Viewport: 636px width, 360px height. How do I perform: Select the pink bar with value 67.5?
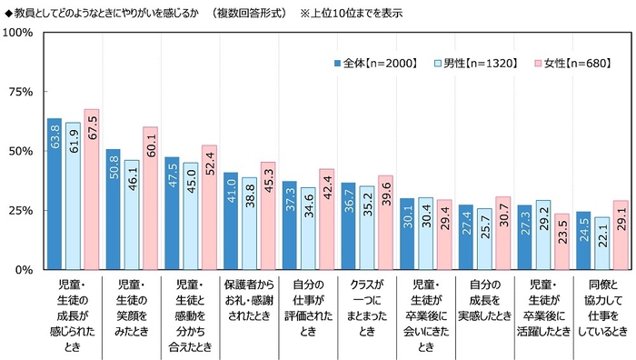coord(91,189)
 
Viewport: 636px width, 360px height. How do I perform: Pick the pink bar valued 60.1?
coord(150,198)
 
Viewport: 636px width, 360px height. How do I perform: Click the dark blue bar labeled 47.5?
coord(172,213)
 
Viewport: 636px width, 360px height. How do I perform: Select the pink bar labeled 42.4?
coord(326,219)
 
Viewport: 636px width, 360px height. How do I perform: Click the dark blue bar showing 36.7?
coord(348,225)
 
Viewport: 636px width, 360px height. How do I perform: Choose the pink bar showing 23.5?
coord(561,241)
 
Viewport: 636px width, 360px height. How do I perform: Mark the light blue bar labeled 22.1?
coord(601,243)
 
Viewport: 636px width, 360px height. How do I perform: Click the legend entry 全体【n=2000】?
coord(373,64)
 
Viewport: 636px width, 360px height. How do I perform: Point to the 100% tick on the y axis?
coord(19,33)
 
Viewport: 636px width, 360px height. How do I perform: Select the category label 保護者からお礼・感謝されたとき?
coord(249,298)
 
